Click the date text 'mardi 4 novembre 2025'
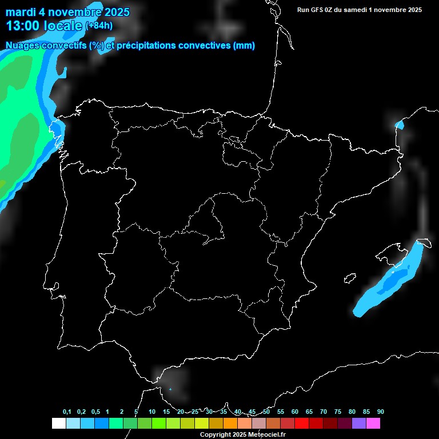pyautogui.click(x=67, y=12)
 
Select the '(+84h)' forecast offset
pyautogui.click(x=99, y=26)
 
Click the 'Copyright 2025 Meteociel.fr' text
pyautogui.click(x=242, y=434)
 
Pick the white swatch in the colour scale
pyautogui.click(x=58, y=424)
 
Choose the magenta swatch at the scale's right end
pyautogui.click(x=373, y=424)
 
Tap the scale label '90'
pyautogui.click(x=381, y=412)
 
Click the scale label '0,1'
pyautogui.click(x=67, y=412)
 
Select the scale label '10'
pyautogui.click(x=152, y=412)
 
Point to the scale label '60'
pyautogui.click(x=295, y=412)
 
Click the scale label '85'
pyautogui.click(x=366, y=412)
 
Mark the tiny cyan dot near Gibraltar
pyautogui.click(x=170, y=389)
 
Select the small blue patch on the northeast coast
pyautogui.click(x=400, y=125)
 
